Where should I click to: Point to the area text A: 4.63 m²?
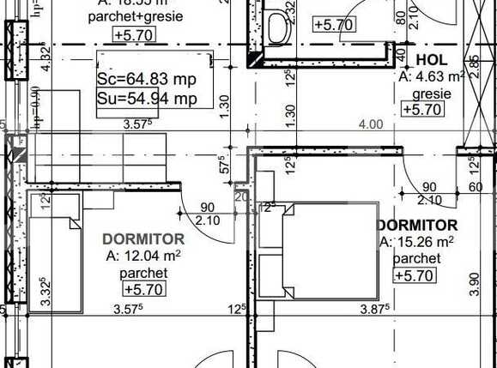pos(433,77)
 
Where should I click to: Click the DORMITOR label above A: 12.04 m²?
pos(143,238)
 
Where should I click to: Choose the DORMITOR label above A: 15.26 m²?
pos(417,225)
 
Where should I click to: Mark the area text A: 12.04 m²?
pos(143,256)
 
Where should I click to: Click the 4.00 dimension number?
pos(370,124)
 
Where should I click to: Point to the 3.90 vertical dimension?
pos(475,281)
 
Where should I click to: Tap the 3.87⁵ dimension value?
pos(376,308)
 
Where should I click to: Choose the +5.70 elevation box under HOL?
pos(421,109)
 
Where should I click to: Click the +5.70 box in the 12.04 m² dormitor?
pos(143,290)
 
